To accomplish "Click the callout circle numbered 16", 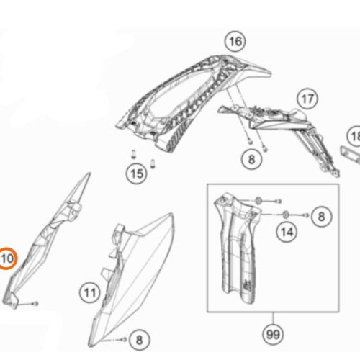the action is click(x=235, y=42).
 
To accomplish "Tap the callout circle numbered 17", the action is click(x=307, y=99).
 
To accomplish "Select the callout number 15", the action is click(x=137, y=174).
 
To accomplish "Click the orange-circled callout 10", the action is click(x=6, y=258).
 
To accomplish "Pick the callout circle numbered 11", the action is click(x=90, y=292).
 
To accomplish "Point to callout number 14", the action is click(x=287, y=232).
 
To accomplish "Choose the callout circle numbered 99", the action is click(x=273, y=334).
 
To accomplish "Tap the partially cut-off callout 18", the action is click(x=354, y=136).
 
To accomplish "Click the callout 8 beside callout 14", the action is click(x=321, y=217).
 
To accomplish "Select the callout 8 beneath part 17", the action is click(x=251, y=159).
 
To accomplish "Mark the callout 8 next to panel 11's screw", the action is click(x=139, y=340).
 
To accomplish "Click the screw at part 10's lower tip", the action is click(x=36, y=304).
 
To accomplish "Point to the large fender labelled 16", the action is click(x=192, y=101).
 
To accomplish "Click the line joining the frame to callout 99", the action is click(x=273, y=318).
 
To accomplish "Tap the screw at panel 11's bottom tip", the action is click(x=124, y=339).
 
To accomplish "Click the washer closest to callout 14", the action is click(x=286, y=215).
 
